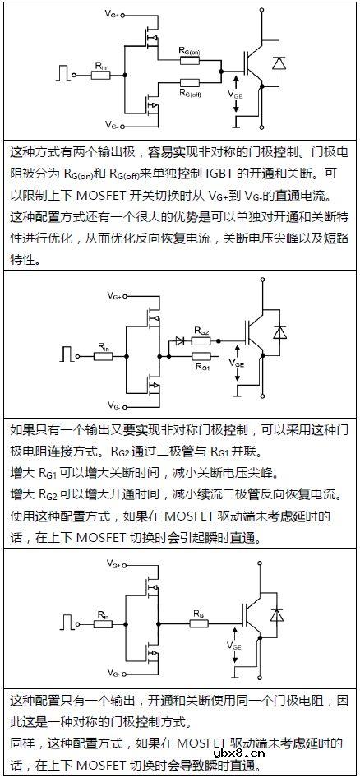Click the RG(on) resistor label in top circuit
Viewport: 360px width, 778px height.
click(189, 52)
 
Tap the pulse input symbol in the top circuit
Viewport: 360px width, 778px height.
click(62, 72)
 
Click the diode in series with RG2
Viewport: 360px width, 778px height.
click(178, 339)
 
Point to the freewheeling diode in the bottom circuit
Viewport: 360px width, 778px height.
click(282, 614)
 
